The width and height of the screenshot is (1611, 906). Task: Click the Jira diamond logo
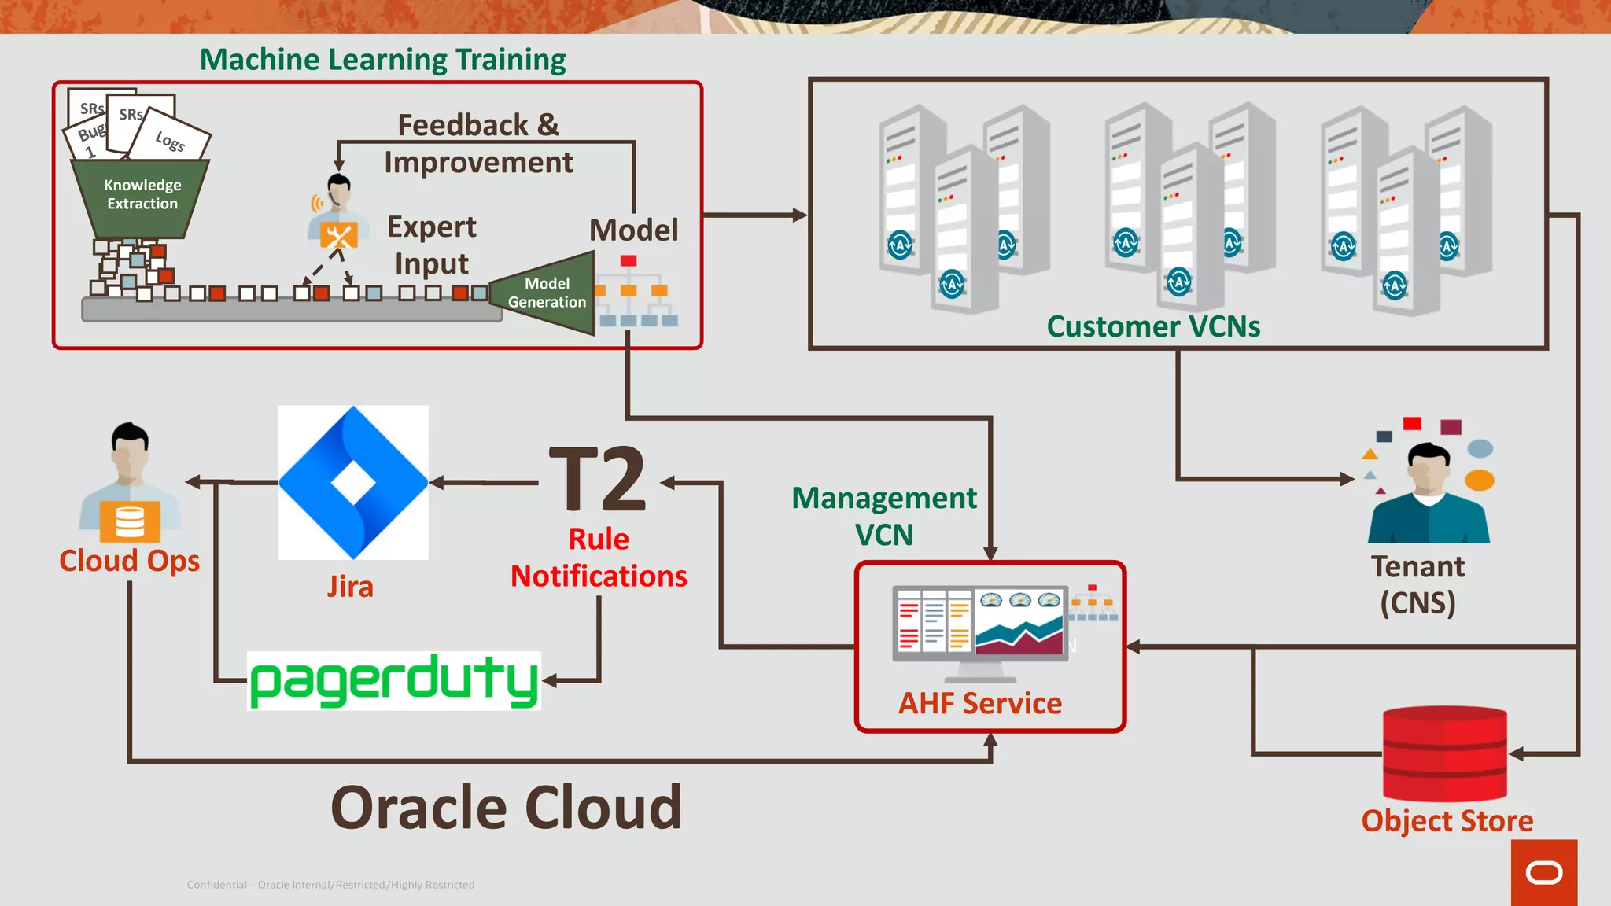pos(353,482)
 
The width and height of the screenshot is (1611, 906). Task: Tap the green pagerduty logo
pos(394,681)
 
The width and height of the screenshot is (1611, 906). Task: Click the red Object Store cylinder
pos(1445,753)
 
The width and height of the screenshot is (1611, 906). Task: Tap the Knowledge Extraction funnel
pos(142,197)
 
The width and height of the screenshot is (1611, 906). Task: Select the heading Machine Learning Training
pos(382,60)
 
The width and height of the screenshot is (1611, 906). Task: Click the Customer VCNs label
pos(1153,326)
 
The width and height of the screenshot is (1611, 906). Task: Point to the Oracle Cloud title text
pos(506,808)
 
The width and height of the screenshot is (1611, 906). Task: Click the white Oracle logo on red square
pos(1543,872)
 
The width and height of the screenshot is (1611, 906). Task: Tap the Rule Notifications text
pos(599,558)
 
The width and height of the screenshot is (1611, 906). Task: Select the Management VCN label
pos(884,516)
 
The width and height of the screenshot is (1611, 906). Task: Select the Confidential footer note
pos(330,885)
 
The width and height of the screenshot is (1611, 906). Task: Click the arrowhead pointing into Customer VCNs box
pos(800,215)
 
